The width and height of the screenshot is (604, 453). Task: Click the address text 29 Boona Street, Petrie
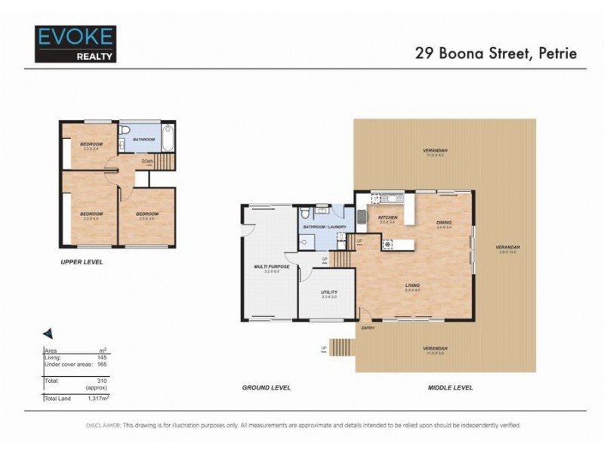[500, 54]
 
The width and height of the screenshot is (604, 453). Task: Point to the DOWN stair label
[147, 160]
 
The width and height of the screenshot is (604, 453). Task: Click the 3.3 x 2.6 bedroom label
[92, 145]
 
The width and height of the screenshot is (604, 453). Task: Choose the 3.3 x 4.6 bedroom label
[91, 215]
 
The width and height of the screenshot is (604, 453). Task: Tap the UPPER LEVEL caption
[82, 262]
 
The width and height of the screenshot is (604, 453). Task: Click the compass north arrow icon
[47, 332]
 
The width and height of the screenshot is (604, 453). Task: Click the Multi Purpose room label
[267, 268]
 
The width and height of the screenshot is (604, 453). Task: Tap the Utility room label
[328, 293]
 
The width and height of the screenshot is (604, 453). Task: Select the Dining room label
[443, 223]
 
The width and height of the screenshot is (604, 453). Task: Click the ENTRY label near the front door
[368, 328]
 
